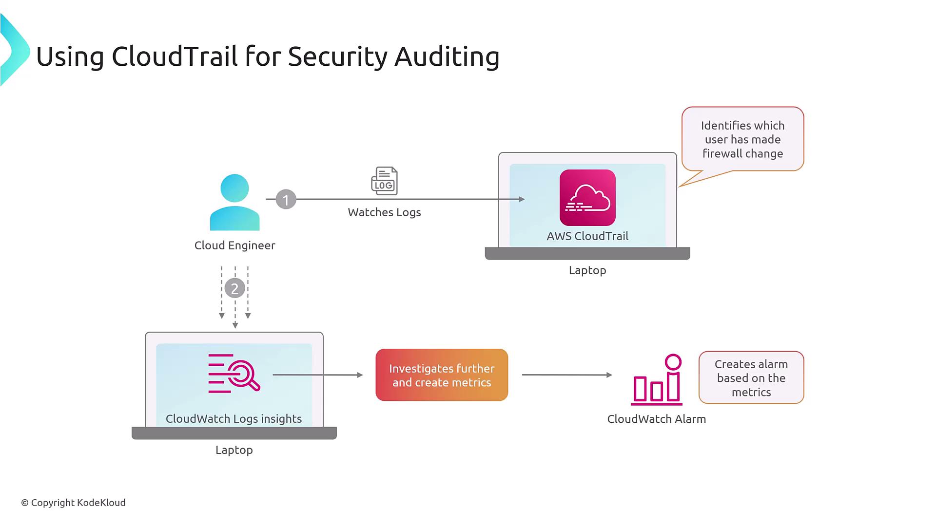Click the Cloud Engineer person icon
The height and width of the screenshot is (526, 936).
coord(234,202)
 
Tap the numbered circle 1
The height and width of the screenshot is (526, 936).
coord(286,199)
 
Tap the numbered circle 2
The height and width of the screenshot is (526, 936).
coord(234,288)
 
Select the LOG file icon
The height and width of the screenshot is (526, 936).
coord(384,181)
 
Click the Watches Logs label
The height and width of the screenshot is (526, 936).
coord(384,212)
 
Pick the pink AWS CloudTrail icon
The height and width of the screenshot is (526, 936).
coord(587,197)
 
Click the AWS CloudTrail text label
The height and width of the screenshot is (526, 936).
coord(587,236)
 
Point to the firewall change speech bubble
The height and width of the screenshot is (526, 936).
coord(742,139)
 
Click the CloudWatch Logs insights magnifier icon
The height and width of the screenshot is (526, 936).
coord(234,373)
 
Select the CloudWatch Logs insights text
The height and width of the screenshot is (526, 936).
coord(234,419)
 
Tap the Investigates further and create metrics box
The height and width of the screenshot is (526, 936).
coord(442,375)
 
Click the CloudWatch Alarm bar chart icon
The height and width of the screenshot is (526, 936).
coord(657,380)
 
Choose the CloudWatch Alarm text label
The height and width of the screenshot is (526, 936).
coord(656,419)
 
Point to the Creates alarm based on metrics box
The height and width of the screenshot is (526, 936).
coord(751,378)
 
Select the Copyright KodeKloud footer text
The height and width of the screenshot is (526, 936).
coord(73,503)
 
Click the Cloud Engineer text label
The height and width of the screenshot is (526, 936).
coord(234,245)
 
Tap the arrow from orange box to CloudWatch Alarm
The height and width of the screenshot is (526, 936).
coord(566,375)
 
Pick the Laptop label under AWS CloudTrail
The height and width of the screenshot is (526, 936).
coord(587,270)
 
